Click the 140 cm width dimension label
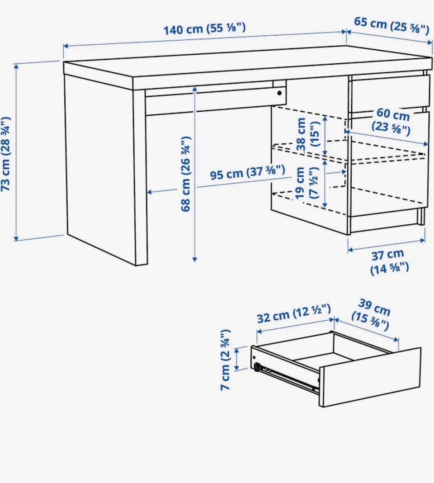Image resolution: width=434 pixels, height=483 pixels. pos(204,28)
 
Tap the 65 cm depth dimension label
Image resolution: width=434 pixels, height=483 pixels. pos(392,25)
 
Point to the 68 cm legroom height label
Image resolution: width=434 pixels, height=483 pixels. pos(186,174)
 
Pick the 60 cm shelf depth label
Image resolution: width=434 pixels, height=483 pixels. pos(392,121)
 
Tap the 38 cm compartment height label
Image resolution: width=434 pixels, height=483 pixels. pos(307,134)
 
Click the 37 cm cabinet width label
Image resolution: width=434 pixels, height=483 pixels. pos(389,262)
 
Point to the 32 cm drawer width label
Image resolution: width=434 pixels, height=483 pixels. pos(294,313)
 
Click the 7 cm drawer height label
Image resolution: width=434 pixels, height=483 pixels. pos(226,360)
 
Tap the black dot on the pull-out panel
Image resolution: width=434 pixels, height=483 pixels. pos(279,93)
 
